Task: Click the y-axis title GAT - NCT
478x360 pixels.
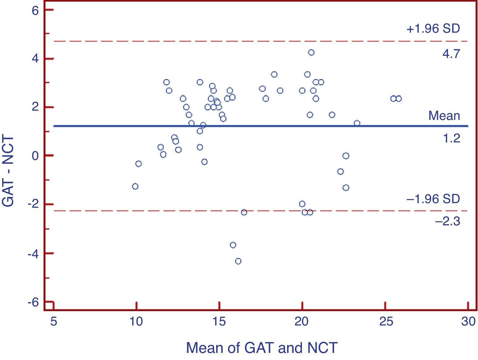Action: [x=8, y=171]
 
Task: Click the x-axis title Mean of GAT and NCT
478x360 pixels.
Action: [x=262, y=348]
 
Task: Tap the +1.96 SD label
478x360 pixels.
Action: [x=433, y=29]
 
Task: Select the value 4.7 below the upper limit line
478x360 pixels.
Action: [x=451, y=54]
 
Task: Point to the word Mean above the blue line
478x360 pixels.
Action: [x=444, y=116]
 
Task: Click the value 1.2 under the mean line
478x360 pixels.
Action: [x=451, y=138]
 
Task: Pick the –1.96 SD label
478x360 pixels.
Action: [x=433, y=199]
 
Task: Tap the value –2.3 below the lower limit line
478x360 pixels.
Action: [x=447, y=221]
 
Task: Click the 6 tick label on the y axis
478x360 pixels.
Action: [x=35, y=11]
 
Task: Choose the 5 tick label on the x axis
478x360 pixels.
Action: [x=54, y=322]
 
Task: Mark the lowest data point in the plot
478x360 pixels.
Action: [x=238, y=261]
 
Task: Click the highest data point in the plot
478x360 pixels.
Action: [x=311, y=52]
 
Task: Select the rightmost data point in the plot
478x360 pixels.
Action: [x=398, y=99]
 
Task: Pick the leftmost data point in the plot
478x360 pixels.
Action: [x=135, y=186]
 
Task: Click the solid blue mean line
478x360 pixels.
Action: [x=247, y=126]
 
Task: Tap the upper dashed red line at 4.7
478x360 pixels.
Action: [x=247, y=41]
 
